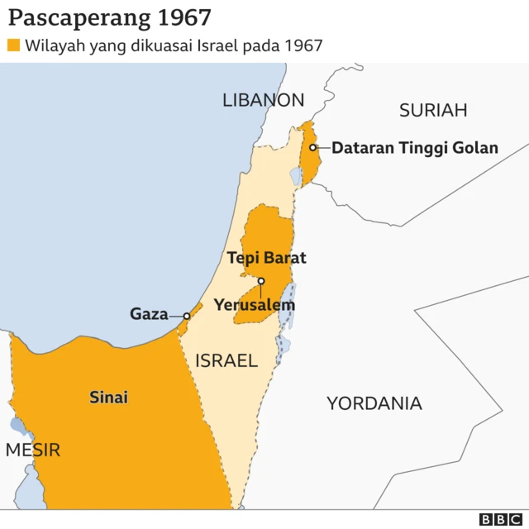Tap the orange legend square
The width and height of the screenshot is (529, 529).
pyautogui.click(x=14, y=45)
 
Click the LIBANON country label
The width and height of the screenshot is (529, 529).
pyautogui.click(x=263, y=100)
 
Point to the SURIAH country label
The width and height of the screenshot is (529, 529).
pyautogui.click(x=433, y=110)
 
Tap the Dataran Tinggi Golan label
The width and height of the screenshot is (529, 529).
pyautogui.click(x=415, y=148)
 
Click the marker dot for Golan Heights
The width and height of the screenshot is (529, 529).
pyautogui.click(x=313, y=148)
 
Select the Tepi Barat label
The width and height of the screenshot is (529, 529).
pyautogui.click(x=266, y=258)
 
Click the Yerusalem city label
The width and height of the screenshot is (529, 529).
pyautogui.click(x=254, y=305)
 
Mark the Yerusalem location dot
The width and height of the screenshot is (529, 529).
pyautogui.click(x=261, y=281)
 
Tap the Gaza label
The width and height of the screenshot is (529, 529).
pyautogui.click(x=149, y=314)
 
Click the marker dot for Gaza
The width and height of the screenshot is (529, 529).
pyautogui.click(x=187, y=316)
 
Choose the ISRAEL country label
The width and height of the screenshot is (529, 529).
pyautogui.click(x=226, y=360)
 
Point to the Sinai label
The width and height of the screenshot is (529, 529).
pyautogui.click(x=108, y=398)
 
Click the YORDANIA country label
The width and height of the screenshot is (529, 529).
pyautogui.click(x=374, y=403)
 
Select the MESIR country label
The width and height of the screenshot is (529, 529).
pyautogui.click(x=33, y=450)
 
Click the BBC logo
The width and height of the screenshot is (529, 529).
pyautogui.click(x=498, y=519)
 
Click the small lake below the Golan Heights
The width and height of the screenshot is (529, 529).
pyautogui.click(x=296, y=176)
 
